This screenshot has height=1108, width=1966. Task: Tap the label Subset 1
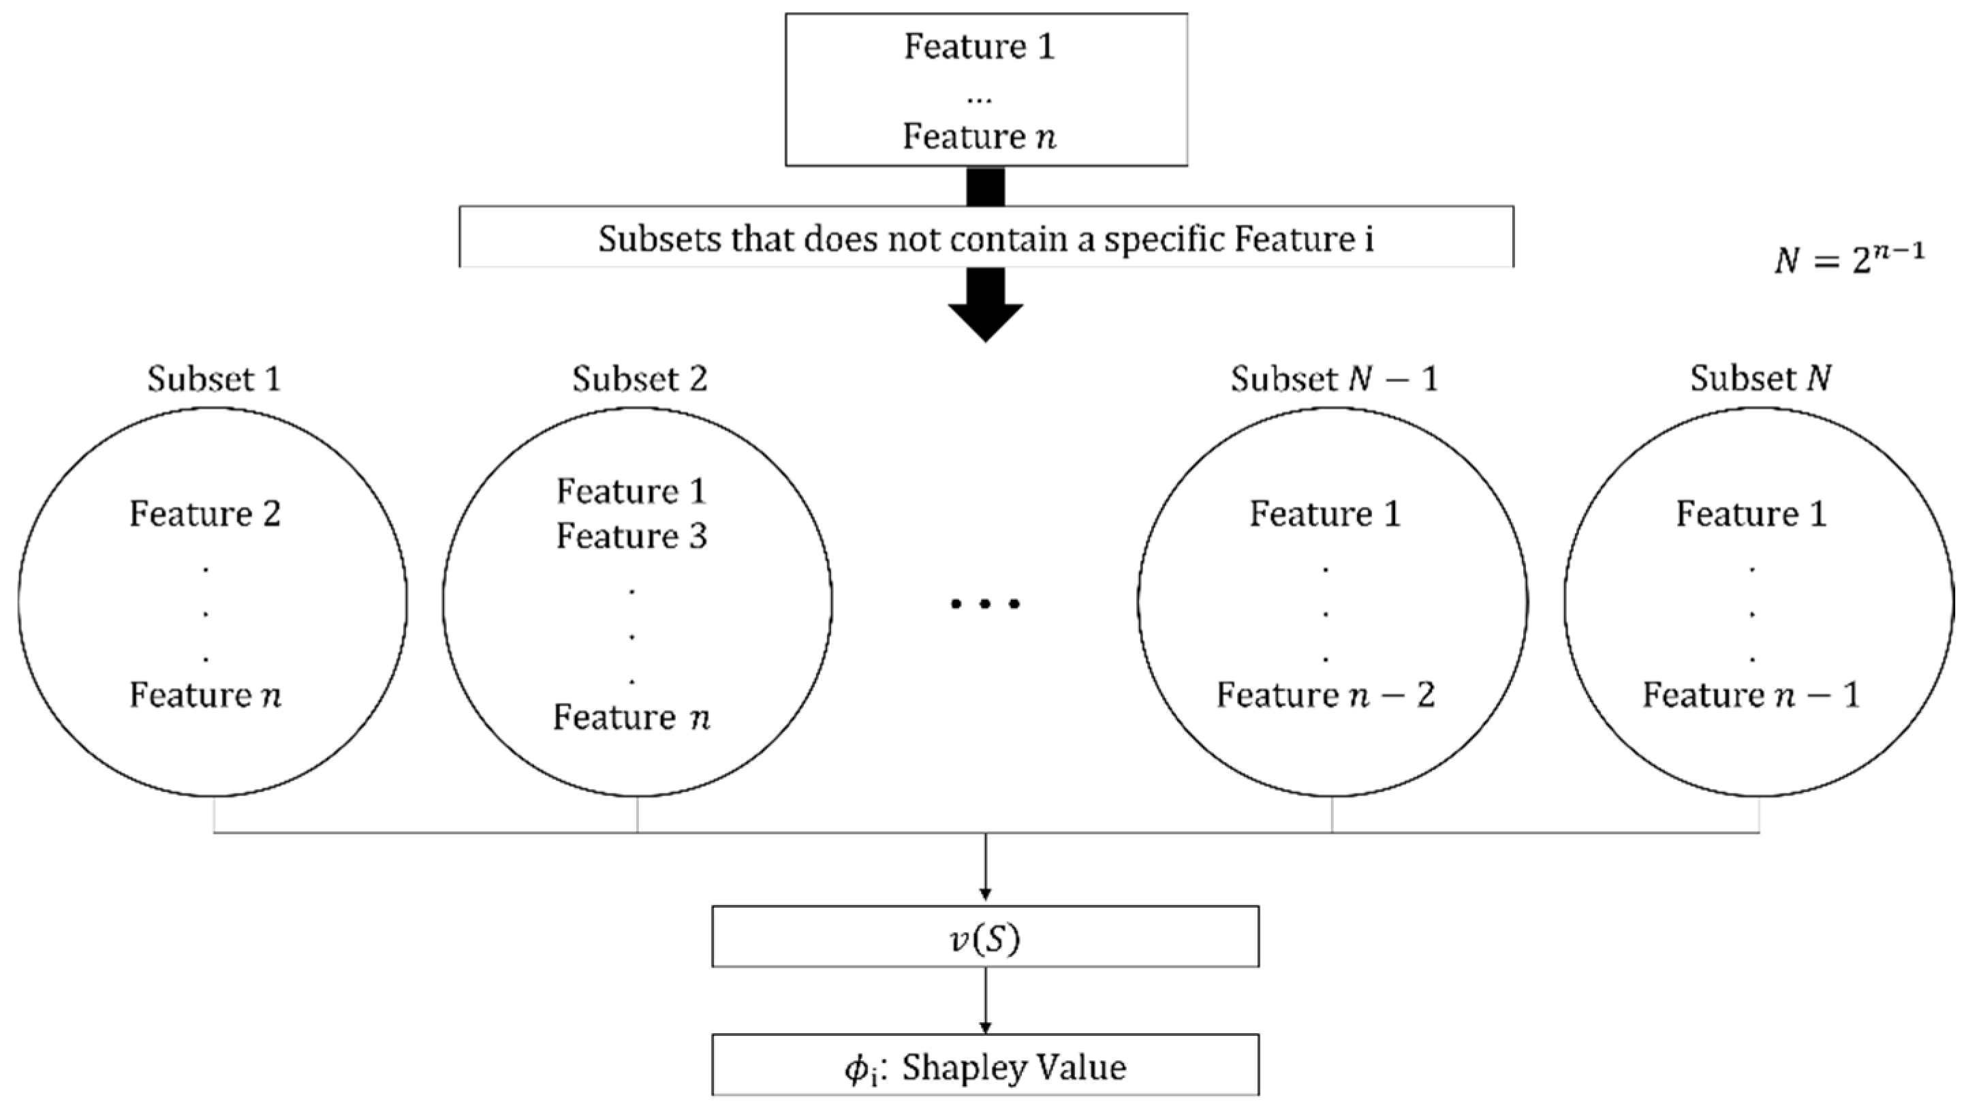pyautogui.click(x=214, y=379)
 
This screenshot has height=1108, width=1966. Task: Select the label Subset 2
pyautogui.click(x=640, y=379)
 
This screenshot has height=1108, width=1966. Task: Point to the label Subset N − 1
pyautogui.click(x=1333, y=379)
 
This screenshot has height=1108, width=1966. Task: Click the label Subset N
pyautogui.click(x=1760, y=379)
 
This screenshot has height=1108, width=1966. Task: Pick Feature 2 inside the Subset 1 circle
pyautogui.click(x=204, y=513)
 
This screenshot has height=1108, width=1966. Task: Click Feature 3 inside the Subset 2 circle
pyautogui.click(x=631, y=536)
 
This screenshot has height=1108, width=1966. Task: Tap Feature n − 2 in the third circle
pyautogui.click(x=1325, y=695)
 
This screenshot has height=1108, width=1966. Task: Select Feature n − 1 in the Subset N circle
pyautogui.click(x=1751, y=695)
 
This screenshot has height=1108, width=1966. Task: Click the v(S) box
pyautogui.click(x=984, y=936)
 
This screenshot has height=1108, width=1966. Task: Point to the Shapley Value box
pyautogui.click(x=984, y=1066)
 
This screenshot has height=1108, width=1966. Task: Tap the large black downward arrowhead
pyautogui.click(x=985, y=321)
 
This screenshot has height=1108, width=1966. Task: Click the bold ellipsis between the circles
pyautogui.click(x=985, y=603)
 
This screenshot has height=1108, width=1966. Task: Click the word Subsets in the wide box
pyautogui.click(x=659, y=239)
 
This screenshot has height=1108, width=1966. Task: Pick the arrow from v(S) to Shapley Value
pyautogui.click(x=985, y=1000)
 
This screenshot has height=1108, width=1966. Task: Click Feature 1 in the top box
pyautogui.click(x=979, y=46)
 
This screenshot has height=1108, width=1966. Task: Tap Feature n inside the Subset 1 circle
pyautogui.click(x=204, y=695)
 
